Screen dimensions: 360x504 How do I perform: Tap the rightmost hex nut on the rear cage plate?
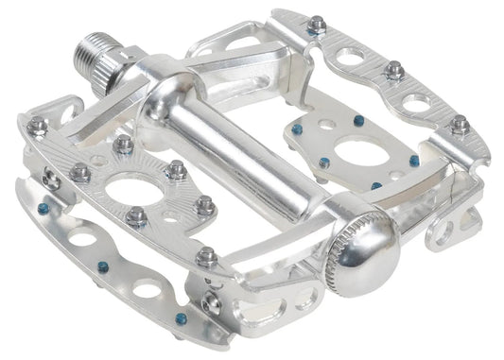(461, 123)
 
